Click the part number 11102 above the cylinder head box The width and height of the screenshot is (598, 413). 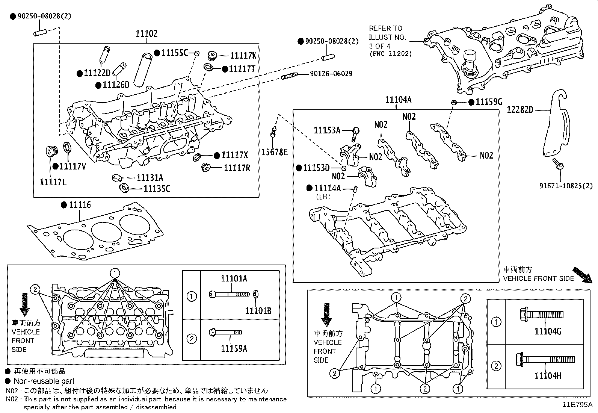[x=146, y=34]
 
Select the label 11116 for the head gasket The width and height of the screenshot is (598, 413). [x=80, y=205]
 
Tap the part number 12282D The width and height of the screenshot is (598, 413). [x=520, y=110]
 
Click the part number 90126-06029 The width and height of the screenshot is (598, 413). [x=331, y=74]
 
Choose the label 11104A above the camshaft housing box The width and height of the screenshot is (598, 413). [x=398, y=100]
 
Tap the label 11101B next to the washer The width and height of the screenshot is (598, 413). [x=258, y=311]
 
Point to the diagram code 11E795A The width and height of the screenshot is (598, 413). [x=577, y=405]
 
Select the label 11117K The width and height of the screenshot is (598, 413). [x=243, y=56]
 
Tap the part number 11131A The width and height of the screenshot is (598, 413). [x=150, y=178]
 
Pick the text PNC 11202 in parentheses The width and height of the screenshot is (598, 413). [x=390, y=54]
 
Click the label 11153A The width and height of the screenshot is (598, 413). [x=327, y=130]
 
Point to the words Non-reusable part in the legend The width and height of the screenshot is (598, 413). [x=44, y=381]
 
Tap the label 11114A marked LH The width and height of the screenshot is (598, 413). [x=327, y=188]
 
